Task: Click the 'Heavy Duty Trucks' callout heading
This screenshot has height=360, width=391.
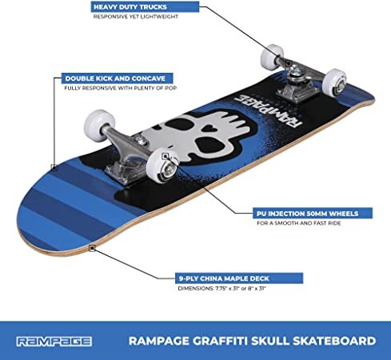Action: [x=130, y=7]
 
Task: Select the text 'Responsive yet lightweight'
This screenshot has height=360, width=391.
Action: [x=135, y=17]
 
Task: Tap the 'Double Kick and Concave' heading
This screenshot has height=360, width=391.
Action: [x=115, y=78]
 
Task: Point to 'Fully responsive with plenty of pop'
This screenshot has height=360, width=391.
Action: [x=120, y=88]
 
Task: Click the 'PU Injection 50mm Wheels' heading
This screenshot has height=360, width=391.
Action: [x=308, y=214]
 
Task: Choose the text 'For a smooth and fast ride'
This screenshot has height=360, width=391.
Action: [x=299, y=223]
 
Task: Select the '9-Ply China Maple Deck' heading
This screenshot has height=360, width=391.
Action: [x=224, y=278]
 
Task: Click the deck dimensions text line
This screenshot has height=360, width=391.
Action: [x=222, y=288]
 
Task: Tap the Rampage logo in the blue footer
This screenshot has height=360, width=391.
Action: [x=54, y=342]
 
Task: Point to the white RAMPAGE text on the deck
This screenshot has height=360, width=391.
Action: [x=267, y=111]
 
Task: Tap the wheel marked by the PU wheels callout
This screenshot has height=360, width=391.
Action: [x=162, y=166]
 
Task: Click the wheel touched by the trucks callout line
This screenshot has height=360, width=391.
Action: [x=272, y=57]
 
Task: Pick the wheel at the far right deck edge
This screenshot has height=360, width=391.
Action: [x=334, y=83]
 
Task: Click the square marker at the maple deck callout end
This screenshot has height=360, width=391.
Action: [x=92, y=248]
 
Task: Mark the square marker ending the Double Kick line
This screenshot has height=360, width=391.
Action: [x=54, y=167]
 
